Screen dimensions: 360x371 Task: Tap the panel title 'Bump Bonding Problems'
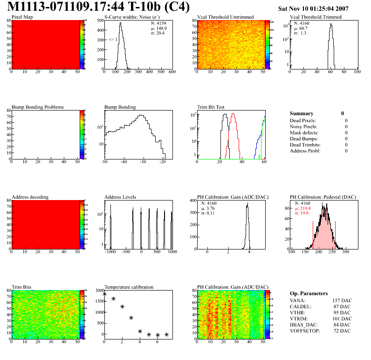[38, 107]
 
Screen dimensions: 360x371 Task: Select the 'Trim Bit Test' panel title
[211, 107]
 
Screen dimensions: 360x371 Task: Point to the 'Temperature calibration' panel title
[129, 287]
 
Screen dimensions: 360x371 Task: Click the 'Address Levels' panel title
[121, 197]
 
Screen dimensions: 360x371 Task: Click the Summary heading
[302, 113]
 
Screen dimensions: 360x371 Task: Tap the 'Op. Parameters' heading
[309, 293]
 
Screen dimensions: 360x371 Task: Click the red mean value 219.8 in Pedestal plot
[306, 208]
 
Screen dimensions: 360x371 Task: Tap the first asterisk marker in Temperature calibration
[104, 294]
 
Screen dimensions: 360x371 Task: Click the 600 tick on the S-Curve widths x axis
[172, 72]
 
